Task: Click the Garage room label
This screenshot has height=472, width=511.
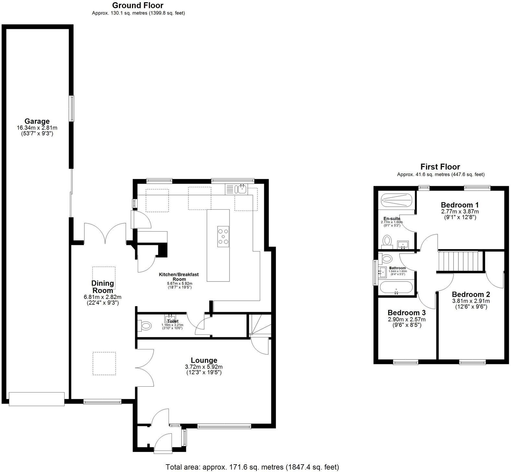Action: click(37, 122)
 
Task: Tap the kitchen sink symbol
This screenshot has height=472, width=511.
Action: click(241, 189)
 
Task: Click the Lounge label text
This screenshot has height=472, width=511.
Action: click(204, 360)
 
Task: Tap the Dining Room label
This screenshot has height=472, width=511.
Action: click(102, 287)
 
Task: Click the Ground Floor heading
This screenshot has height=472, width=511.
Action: click(138, 5)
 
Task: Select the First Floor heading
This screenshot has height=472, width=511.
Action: click(440, 167)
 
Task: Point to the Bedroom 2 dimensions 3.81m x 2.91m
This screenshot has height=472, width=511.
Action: click(471, 301)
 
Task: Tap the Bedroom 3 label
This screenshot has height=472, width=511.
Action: click(406, 313)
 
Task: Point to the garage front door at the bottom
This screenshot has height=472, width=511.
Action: click(37, 399)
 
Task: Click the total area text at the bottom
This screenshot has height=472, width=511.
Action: click(252, 467)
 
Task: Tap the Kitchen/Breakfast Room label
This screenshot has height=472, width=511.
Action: click(179, 277)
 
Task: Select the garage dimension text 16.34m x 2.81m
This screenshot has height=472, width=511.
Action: click(37, 128)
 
